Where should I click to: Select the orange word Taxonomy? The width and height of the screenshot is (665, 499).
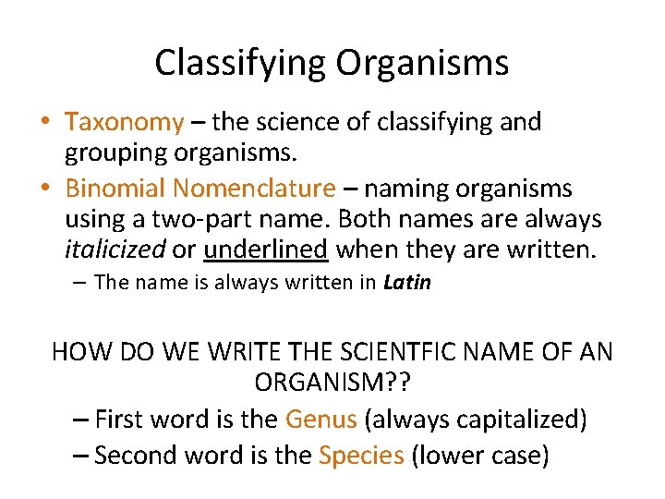tap(125, 122)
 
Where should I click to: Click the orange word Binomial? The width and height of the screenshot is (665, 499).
tap(115, 189)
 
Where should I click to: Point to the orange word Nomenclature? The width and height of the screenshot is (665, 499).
tap(254, 189)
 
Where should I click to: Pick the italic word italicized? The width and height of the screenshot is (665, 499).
tap(115, 249)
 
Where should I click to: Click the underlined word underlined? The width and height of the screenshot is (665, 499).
tap(266, 249)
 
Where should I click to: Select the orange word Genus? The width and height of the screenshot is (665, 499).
tap(320, 420)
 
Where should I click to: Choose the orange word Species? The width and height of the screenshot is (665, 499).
tap(361, 455)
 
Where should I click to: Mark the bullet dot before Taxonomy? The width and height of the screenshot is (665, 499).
tap(45, 122)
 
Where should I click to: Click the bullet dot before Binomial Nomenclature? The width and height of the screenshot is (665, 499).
tap(45, 189)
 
